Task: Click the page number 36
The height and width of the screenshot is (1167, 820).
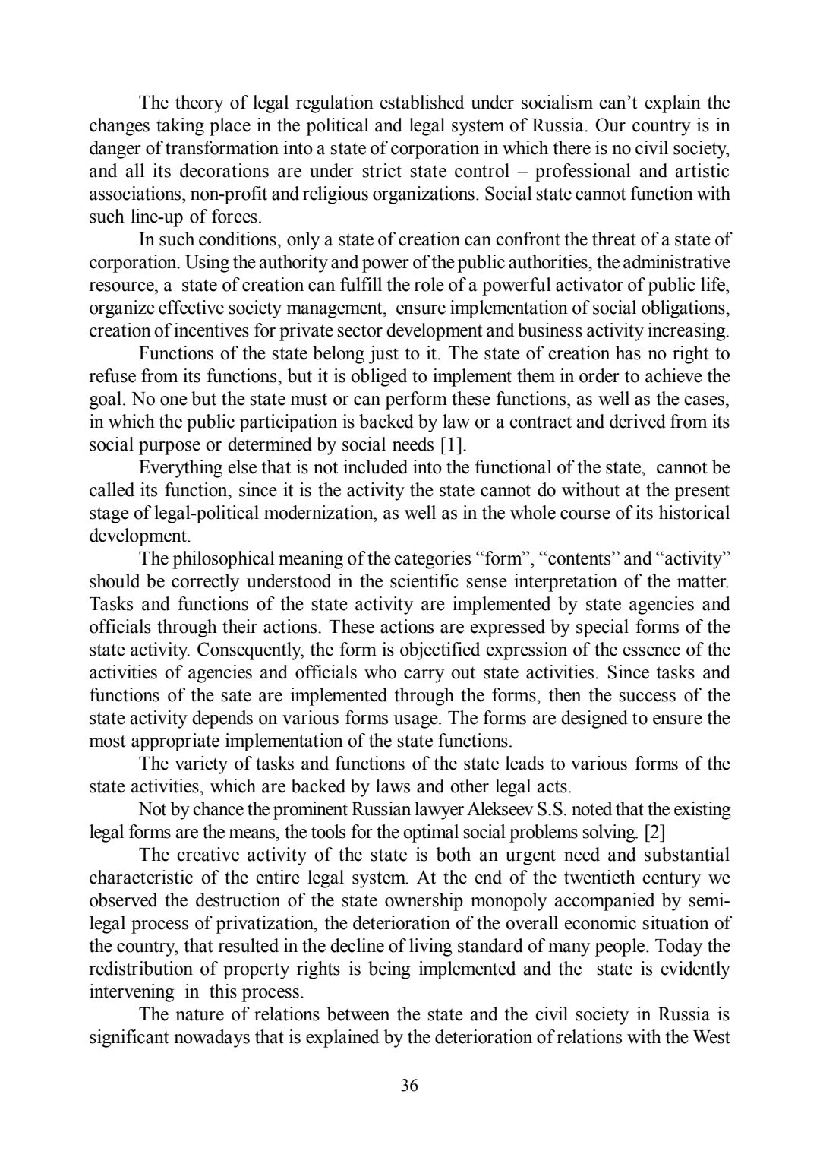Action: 409,1085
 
